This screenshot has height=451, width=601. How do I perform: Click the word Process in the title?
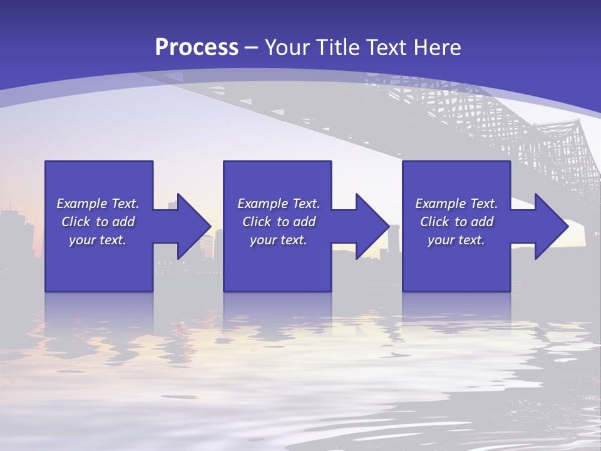[x=197, y=48]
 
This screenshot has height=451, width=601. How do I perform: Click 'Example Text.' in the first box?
[x=98, y=204]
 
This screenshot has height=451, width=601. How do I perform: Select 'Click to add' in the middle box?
[x=279, y=222]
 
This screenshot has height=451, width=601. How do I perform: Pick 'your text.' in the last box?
[x=456, y=240]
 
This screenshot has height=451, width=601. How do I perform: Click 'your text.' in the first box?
[x=98, y=240]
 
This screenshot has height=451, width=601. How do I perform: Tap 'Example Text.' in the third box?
[x=456, y=204]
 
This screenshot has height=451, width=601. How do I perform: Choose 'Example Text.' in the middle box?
[x=279, y=204]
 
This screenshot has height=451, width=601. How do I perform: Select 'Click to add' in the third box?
[x=456, y=222]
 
